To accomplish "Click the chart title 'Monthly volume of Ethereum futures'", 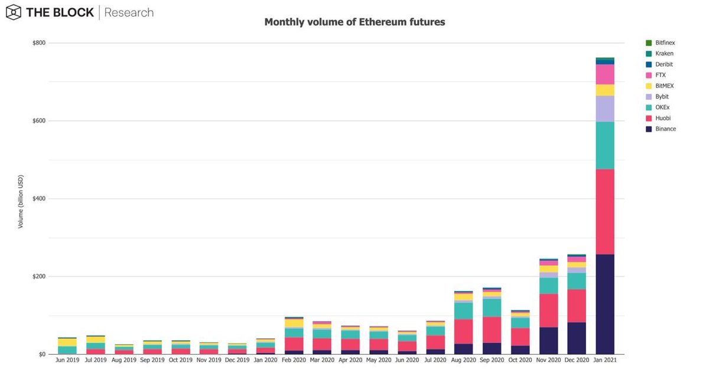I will pyautogui.click(x=354, y=22).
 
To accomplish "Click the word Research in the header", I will pyautogui.click(x=129, y=12).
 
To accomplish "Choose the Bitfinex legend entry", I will pyautogui.click(x=661, y=43).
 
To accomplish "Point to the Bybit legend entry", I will pyautogui.click(x=659, y=97).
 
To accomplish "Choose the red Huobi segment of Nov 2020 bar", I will pyautogui.click(x=548, y=311).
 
